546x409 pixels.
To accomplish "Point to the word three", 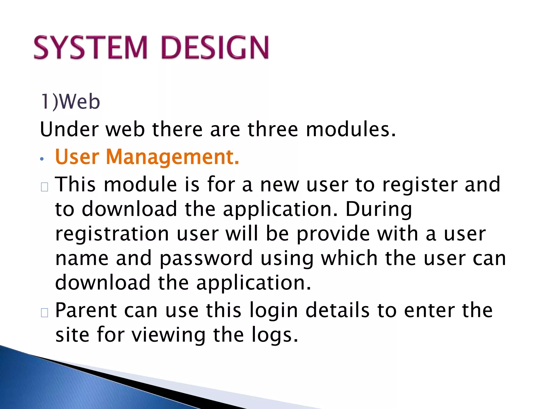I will point(272,129).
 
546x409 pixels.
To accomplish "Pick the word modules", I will point(351,129).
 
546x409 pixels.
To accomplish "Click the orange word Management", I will point(172,157).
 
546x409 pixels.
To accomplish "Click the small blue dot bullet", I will point(42,159).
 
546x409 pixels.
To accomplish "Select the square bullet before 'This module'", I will point(45,187).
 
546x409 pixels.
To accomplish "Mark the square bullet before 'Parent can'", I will point(45,313).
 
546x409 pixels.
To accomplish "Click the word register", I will point(420,185).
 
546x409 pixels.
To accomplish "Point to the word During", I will point(379,209).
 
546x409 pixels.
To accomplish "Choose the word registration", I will point(112,234).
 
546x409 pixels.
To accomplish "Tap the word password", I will point(206,258).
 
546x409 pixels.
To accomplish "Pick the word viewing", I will point(169,336).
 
